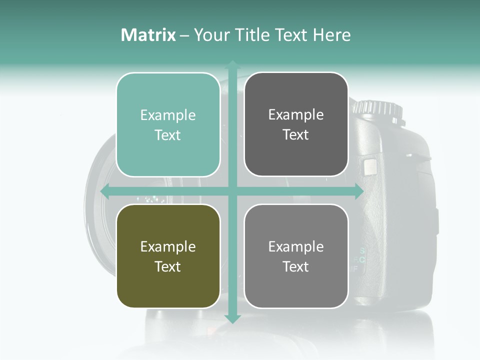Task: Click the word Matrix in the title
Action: tap(148, 35)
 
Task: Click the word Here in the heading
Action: tap(331, 35)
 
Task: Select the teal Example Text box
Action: tap(168, 125)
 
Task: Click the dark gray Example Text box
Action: tap(296, 124)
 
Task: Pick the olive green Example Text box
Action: tap(168, 256)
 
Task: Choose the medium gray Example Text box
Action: tap(296, 256)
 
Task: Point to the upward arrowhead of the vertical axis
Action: tap(232, 64)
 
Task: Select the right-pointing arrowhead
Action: tap(358, 191)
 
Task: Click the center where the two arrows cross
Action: tap(232, 191)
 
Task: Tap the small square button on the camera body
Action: tap(370, 166)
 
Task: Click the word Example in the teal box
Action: tap(168, 115)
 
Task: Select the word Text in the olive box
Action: tap(168, 266)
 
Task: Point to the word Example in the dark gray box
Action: tap(296, 115)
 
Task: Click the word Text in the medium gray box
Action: tap(296, 266)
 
